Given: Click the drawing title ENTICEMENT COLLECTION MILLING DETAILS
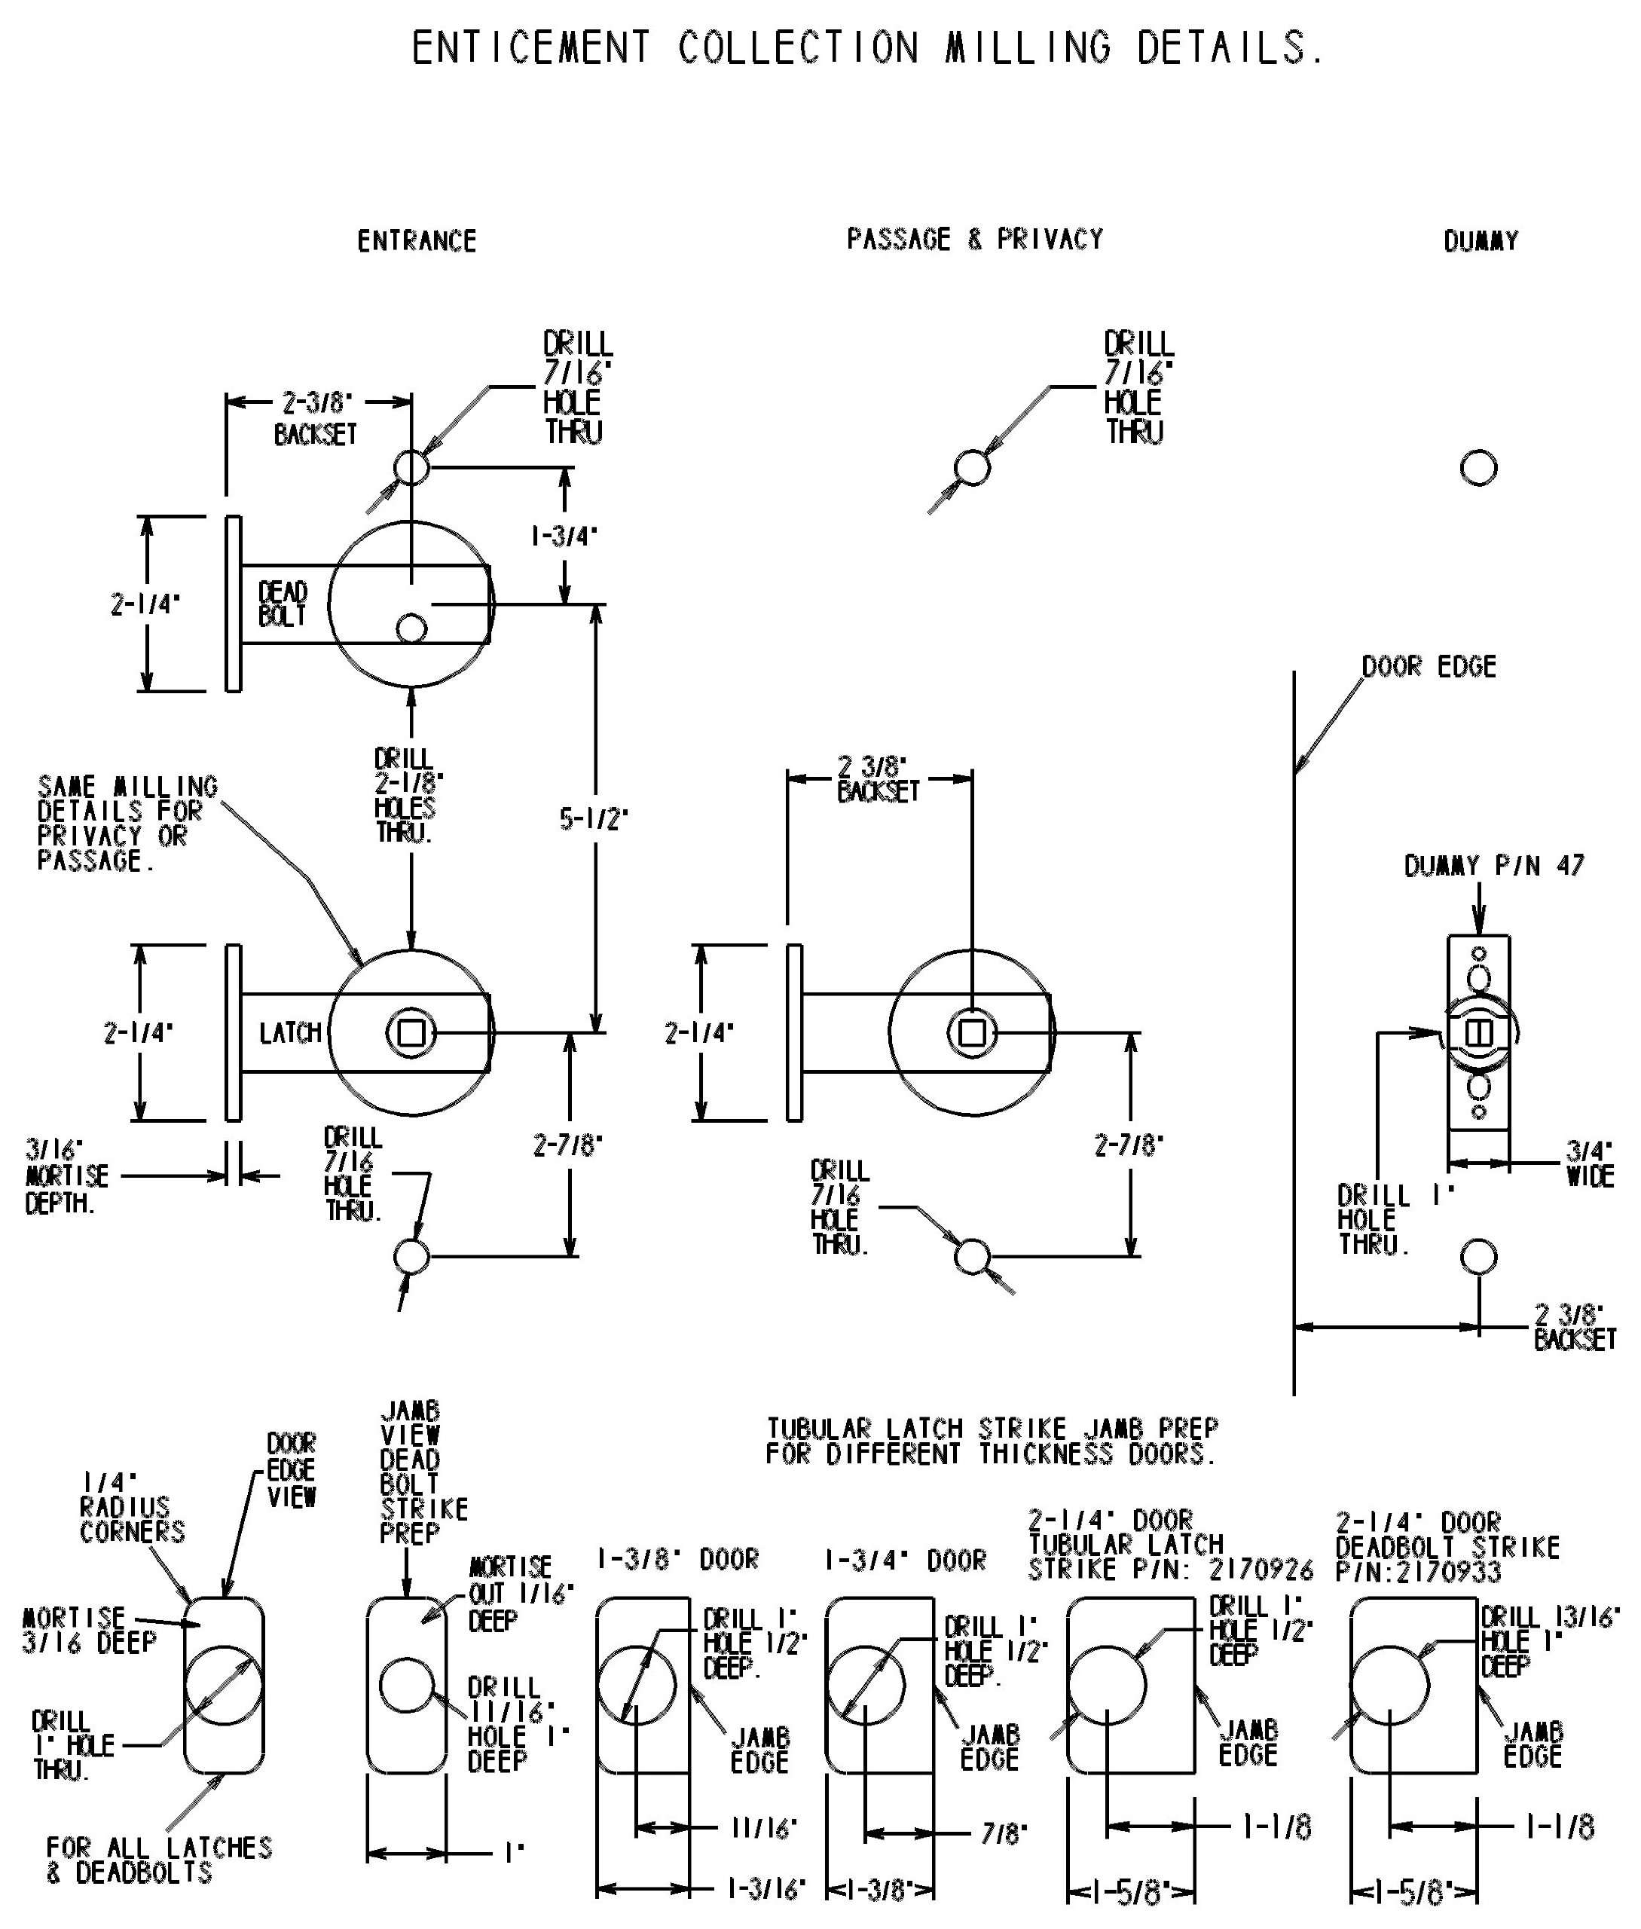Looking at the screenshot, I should [x=867, y=47].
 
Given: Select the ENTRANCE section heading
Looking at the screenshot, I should [x=416, y=241].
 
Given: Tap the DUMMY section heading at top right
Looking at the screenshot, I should [x=1480, y=241].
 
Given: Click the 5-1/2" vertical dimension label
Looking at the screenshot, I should [x=594, y=819].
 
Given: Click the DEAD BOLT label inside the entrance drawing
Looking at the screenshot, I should [x=282, y=604].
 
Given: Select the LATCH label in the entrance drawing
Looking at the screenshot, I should [x=290, y=1032].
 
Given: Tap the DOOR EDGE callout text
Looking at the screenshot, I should [x=1428, y=666].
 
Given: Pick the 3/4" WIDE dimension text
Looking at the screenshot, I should [x=1590, y=1163].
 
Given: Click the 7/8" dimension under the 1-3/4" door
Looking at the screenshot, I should [x=1004, y=1833].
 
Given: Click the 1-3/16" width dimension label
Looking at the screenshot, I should [x=765, y=1888].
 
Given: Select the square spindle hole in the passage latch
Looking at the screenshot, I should [x=972, y=1033].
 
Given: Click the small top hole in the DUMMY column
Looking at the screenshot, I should [x=1478, y=467].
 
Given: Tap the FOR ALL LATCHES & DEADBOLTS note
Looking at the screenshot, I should [x=158, y=1859].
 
